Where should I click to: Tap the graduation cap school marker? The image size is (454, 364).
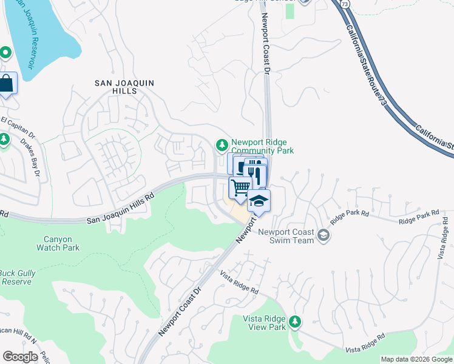coord(259,201)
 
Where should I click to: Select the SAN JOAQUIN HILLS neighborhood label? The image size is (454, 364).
coord(124,87)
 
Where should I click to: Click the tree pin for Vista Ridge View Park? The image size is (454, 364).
coord(295,321)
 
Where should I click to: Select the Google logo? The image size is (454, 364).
coord(21,356)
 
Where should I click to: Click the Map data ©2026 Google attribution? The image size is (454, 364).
coord(416,359)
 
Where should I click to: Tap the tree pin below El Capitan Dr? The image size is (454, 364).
coord(4,140)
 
